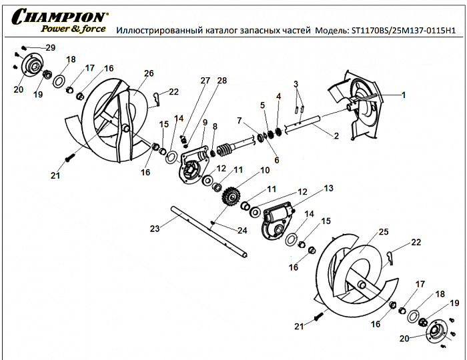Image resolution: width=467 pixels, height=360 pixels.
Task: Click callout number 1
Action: pos(403,95)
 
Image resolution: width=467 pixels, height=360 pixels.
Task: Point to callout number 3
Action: pos(294,83)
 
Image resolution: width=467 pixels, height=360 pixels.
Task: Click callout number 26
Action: pos(148,73)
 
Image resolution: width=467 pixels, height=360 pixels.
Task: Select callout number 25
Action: pos(383,232)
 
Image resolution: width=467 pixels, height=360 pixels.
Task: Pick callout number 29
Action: pos(51,47)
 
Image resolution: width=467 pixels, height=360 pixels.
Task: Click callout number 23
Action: pos(155,229)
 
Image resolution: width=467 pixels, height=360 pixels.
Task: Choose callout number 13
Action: pos(328,189)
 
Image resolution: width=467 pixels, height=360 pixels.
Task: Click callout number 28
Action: pos(222,80)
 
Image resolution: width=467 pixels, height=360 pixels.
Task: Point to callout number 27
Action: pos(205,80)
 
